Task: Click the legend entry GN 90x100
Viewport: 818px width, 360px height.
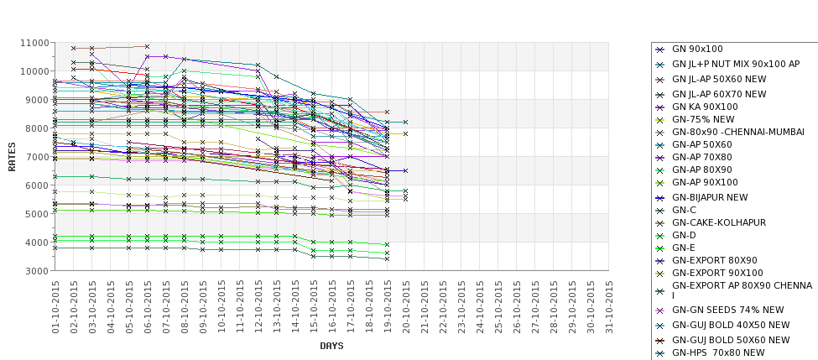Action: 697,50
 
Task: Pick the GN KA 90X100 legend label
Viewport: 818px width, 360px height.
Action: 705,107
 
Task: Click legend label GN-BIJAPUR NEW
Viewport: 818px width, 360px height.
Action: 710,197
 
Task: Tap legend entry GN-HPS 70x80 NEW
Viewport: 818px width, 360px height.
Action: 718,352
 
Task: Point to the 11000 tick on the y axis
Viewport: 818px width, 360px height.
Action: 33,43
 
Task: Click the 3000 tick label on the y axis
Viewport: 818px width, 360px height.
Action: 35,271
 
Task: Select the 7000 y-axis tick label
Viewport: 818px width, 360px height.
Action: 35,157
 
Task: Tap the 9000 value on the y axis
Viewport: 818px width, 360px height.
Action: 35,100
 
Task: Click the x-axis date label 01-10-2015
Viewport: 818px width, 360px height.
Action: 55,306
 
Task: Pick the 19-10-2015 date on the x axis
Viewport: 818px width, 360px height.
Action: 388,306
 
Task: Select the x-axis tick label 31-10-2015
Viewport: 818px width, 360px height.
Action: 609,306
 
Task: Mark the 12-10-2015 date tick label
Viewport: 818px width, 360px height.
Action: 258,306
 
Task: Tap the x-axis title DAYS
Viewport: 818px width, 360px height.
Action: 331,346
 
